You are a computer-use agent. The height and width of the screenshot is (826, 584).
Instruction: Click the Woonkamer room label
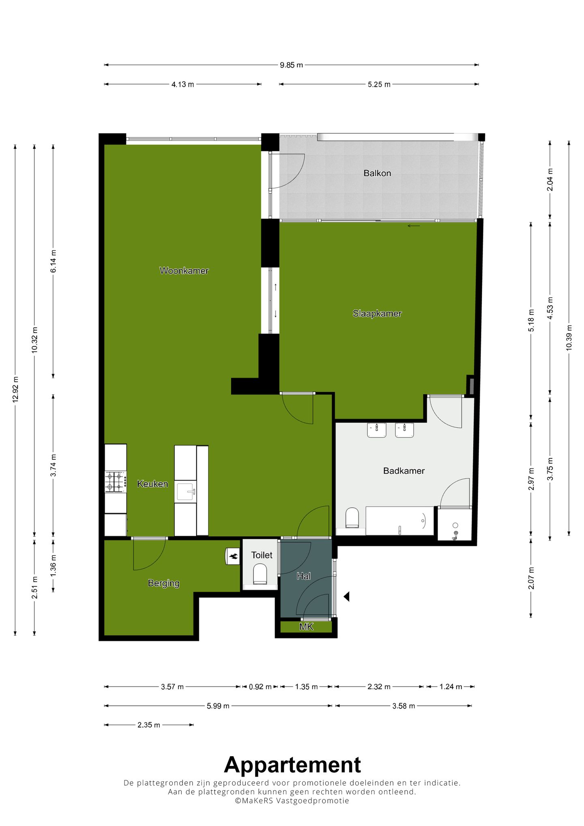(184, 270)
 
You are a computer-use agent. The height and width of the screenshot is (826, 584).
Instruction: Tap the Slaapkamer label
(377, 313)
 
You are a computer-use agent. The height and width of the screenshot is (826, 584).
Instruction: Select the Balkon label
(377, 173)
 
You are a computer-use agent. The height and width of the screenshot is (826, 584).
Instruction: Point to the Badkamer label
(404, 471)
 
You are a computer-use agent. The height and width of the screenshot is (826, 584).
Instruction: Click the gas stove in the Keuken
(116, 482)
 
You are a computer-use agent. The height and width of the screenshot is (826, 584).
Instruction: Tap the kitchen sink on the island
(186, 492)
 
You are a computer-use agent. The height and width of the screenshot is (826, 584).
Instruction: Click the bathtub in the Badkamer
(400, 521)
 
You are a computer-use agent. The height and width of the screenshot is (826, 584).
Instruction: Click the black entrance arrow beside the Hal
(347, 596)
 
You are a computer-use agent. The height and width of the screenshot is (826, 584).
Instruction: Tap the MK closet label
(306, 627)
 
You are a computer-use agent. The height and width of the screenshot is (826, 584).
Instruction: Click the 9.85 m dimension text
(291, 65)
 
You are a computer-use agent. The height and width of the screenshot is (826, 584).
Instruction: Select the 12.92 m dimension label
(15, 389)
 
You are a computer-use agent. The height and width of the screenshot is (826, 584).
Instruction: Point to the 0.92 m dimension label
(260, 687)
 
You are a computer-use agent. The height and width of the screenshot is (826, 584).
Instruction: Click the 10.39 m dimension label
(569, 337)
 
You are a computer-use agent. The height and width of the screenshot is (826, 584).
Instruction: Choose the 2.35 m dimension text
(149, 725)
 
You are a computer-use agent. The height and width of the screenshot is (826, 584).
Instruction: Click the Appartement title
(292, 765)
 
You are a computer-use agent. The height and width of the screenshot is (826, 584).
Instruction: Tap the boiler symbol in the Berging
(233, 556)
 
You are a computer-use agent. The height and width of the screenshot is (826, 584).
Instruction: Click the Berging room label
(163, 583)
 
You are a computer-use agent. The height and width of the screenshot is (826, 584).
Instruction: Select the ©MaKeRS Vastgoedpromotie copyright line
(292, 801)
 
